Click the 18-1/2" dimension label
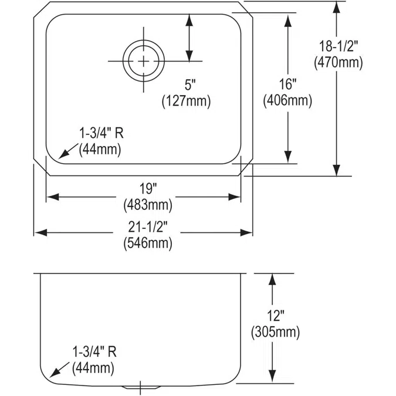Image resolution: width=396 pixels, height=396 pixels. click(x=339, y=46)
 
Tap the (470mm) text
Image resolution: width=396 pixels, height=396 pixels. click(x=339, y=62)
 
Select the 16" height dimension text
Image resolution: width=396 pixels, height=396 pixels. click(x=287, y=84)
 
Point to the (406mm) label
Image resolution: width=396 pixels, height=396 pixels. click(x=287, y=100)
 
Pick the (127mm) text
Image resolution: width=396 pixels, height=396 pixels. click(x=187, y=101)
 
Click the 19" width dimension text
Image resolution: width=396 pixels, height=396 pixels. click(x=148, y=189)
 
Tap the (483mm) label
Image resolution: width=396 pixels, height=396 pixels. click(x=148, y=205)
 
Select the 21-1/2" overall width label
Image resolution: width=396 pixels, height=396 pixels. click(x=148, y=227)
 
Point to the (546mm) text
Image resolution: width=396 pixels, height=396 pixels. click(x=148, y=243)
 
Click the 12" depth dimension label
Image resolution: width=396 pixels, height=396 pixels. click(x=276, y=316)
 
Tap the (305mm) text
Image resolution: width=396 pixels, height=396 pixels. click(x=276, y=332)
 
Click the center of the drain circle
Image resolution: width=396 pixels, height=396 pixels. click(x=144, y=61)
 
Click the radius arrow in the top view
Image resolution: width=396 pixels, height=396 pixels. click(x=68, y=151)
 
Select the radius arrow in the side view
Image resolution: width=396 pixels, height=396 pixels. click(x=59, y=370)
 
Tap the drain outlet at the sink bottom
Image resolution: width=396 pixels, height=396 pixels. click(x=141, y=387)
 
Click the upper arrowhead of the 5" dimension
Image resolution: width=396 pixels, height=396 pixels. click(x=189, y=20)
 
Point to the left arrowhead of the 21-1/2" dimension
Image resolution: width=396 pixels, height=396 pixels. click(x=40, y=232)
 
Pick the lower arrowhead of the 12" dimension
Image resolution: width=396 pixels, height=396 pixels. click(x=272, y=377)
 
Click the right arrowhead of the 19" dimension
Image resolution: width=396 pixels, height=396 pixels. click(x=234, y=197)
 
